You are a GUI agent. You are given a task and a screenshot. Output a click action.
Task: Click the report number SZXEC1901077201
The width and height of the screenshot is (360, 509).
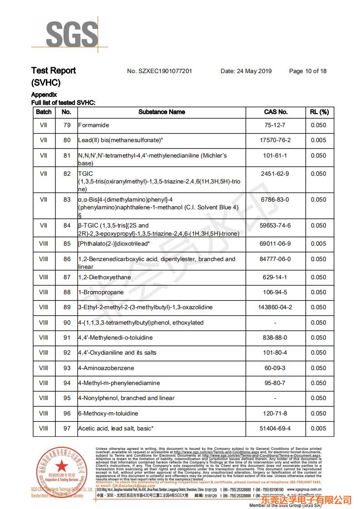click(159, 71)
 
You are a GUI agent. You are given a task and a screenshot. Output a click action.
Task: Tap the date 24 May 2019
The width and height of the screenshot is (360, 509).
click(246, 71)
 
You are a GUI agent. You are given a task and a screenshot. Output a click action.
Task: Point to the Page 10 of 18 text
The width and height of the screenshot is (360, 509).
click(307, 71)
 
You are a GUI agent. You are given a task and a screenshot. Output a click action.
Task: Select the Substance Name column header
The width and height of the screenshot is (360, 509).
click(162, 112)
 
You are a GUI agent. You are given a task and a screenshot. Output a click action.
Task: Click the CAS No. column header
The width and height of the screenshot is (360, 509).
click(276, 112)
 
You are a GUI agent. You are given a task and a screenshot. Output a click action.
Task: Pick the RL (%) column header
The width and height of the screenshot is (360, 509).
click(319, 112)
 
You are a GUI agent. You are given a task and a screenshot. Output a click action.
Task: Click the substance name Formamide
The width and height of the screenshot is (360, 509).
click(94, 125)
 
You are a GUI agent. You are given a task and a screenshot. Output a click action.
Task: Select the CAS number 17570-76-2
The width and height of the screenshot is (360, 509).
click(276, 140)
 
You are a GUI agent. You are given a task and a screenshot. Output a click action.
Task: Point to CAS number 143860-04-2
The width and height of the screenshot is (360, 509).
click(276, 307)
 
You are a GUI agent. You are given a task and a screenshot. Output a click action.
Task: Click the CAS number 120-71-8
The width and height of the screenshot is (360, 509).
click(276, 414)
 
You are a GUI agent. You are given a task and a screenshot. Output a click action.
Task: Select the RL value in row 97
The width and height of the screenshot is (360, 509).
click(319, 429)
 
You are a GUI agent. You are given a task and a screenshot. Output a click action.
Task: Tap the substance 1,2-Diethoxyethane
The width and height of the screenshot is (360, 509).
click(104, 277)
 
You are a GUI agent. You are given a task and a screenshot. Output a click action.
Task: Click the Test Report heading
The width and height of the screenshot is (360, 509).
click(53, 71)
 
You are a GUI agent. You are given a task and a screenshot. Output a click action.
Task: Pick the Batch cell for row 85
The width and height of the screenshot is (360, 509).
click(44, 244)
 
